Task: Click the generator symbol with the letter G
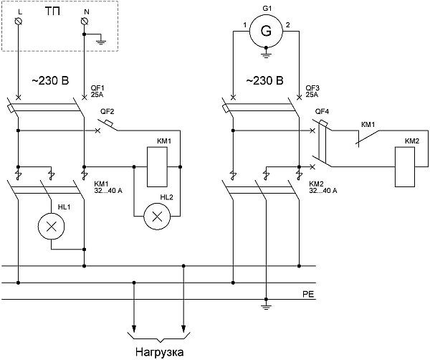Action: (x=266, y=31)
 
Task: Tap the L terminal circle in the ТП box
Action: (x=19, y=21)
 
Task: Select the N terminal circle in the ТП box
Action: (x=85, y=21)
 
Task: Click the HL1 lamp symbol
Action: (x=52, y=227)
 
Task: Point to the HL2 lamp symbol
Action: (x=157, y=217)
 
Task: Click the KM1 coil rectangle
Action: (x=157, y=167)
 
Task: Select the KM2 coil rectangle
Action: (x=405, y=167)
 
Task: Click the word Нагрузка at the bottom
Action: (x=160, y=352)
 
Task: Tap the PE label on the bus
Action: (x=308, y=295)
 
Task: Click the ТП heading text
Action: (x=52, y=11)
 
